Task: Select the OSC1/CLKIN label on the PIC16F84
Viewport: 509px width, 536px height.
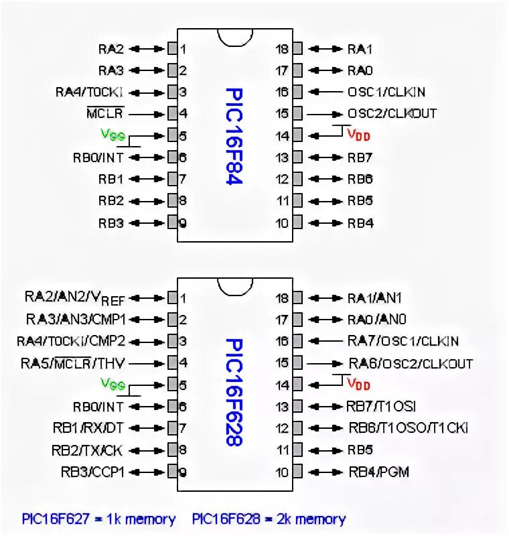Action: (x=386, y=92)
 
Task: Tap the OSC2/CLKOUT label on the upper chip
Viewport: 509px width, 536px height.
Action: (x=392, y=114)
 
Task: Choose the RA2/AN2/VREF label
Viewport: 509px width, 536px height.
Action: (x=75, y=297)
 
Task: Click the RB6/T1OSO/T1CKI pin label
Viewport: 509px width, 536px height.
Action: (x=408, y=427)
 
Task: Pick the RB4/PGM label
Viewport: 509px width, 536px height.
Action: (x=378, y=472)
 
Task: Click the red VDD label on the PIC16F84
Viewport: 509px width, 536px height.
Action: (x=358, y=135)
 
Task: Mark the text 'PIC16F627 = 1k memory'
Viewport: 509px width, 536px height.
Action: (x=98, y=519)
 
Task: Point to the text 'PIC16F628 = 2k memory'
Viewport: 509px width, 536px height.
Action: (x=269, y=519)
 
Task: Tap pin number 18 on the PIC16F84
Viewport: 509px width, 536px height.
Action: (x=283, y=48)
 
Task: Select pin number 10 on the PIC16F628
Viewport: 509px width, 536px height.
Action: (x=283, y=472)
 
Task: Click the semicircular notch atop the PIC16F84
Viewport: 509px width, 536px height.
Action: (x=234, y=37)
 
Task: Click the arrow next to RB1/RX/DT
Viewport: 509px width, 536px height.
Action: (x=149, y=427)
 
